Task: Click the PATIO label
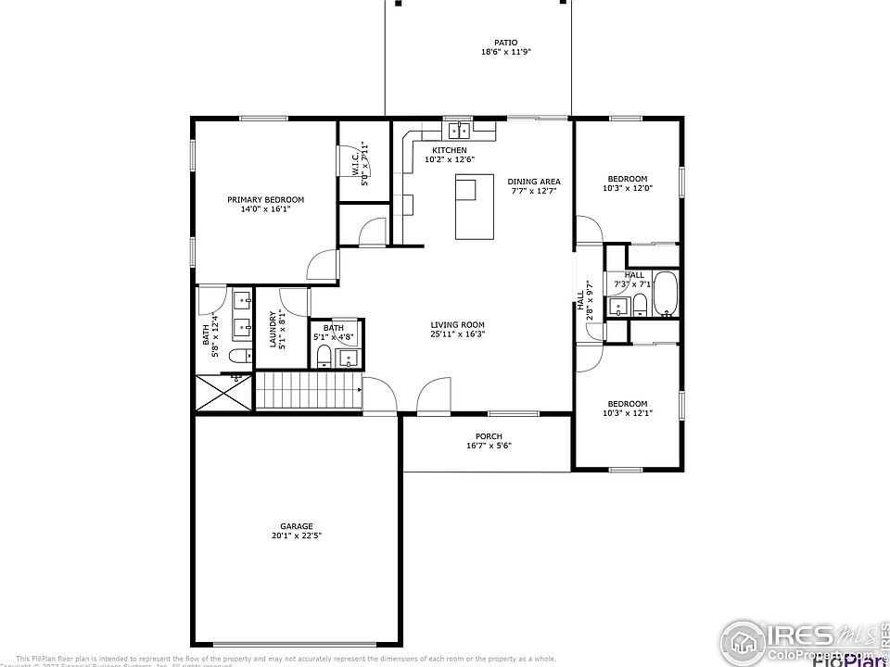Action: point(505,42)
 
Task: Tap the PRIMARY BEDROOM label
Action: point(266,199)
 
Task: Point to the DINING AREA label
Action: point(534,182)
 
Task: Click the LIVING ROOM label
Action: point(458,324)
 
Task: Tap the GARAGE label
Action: point(297,525)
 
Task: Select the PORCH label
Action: point(489,436)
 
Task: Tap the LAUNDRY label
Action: point(273,329)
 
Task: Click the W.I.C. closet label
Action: point(356,165)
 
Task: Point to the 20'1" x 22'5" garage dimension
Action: point(297,535)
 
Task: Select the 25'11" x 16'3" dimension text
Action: point(458,334)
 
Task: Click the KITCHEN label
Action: point(450,150)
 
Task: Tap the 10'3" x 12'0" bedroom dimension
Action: point(628,188)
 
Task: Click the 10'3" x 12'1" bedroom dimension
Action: point(628,413)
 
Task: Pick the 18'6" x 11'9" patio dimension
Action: point(505,52)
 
